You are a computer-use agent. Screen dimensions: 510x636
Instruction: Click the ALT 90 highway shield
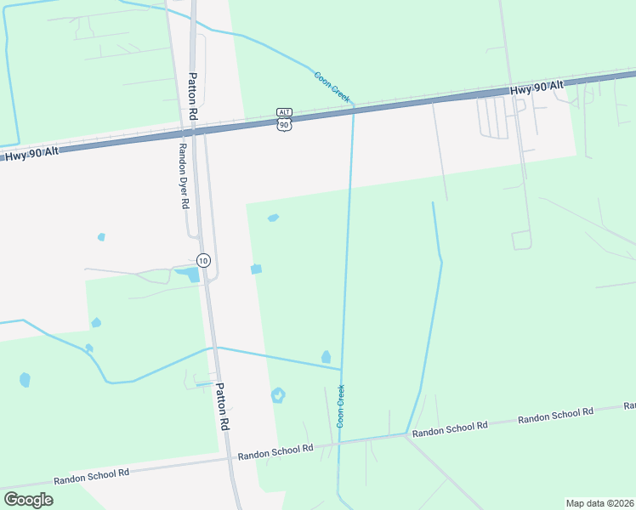284,120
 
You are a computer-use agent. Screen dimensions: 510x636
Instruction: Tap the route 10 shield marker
202,259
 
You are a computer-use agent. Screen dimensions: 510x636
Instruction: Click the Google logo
28,500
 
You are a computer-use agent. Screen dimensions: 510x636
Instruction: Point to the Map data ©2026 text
599,502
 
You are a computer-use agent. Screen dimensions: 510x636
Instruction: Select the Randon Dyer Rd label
182,174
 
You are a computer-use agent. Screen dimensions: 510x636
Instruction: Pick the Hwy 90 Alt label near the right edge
537,88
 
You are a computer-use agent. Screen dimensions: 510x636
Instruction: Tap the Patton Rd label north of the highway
193,94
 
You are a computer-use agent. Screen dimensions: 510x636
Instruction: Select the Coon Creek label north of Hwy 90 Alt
332,87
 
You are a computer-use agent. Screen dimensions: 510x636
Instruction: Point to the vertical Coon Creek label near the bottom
341,405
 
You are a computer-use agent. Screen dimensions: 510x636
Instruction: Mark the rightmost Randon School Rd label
555,416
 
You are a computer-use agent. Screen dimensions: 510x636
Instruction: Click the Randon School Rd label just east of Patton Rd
275,451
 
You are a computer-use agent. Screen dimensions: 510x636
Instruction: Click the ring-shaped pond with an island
278,395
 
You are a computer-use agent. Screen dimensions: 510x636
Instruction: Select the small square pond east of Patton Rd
256,269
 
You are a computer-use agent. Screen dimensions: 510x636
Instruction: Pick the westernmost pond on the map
25,379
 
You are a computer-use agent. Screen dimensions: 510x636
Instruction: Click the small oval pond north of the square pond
273,218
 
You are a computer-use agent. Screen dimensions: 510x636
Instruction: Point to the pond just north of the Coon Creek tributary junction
326,357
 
